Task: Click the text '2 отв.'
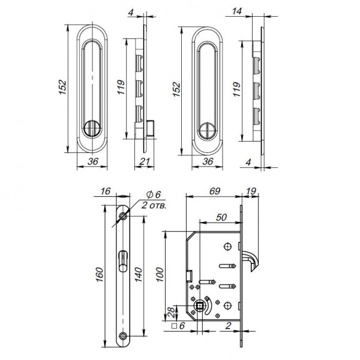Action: pos(154,205)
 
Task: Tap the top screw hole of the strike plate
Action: pos(123,216)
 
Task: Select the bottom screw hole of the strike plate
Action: pos(123,335)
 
